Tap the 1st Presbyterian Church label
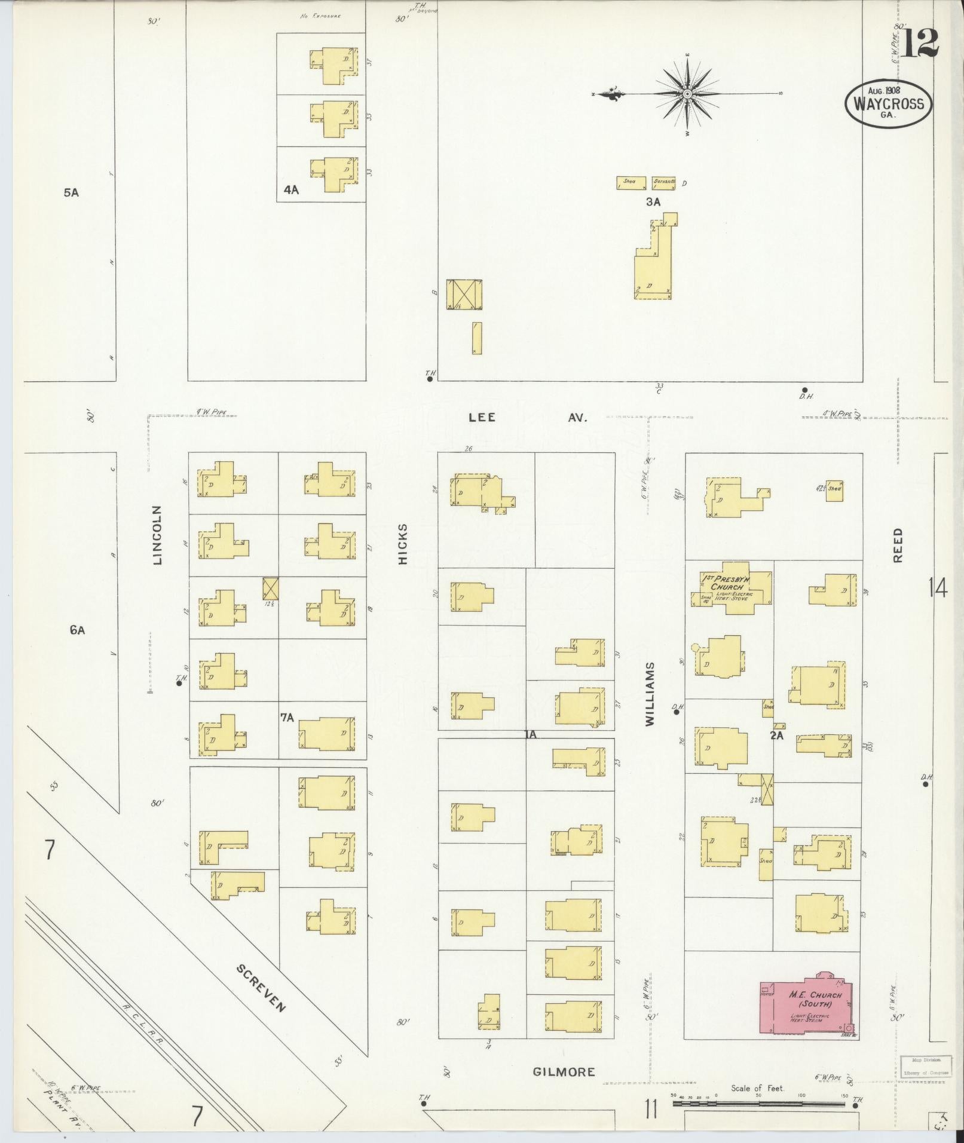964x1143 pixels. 726,583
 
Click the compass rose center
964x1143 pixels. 687,94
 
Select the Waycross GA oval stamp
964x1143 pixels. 888,103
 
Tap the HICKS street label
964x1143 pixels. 403,544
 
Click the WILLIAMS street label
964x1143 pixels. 650,694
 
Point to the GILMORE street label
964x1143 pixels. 564,1071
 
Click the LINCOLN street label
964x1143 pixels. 158,535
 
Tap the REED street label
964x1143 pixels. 898,545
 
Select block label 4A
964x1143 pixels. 291,190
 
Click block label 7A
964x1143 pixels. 287,718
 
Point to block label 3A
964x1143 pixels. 653,202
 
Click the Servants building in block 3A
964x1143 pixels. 663,182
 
